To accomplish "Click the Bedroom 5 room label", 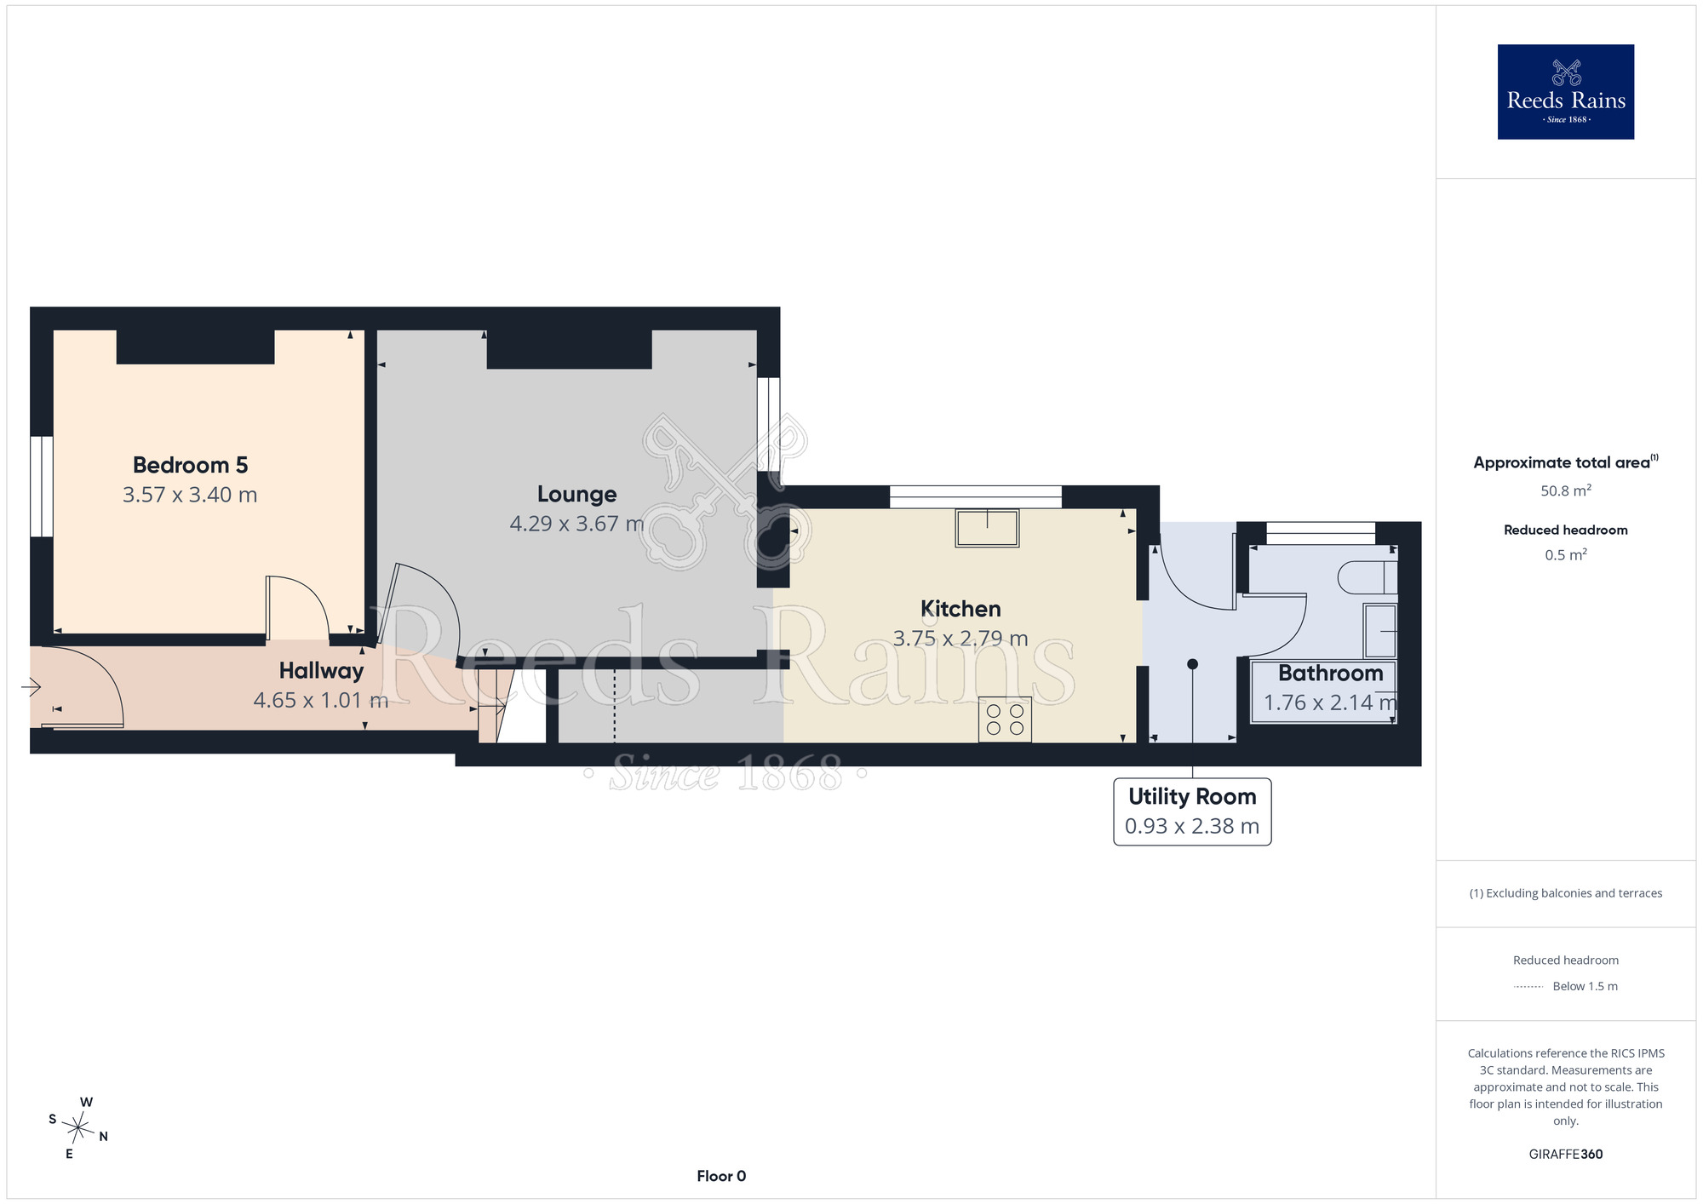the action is click(x=190, y=465).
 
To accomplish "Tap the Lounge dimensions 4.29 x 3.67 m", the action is click(x=576, y=524).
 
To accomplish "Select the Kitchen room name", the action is click(x=960, y=609).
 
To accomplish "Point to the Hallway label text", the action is click(x=321, y=671).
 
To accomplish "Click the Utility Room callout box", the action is click(x=1192, y=811).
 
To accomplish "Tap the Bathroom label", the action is click(x=1330, y=674).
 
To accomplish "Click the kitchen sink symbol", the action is click(x=987, y=528).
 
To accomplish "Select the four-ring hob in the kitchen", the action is click(x=1005, y=720).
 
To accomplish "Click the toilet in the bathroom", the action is click(x=1368, y=577).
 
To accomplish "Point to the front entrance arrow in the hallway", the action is click(x=31, y=686).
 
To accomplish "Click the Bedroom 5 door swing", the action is click(x=298, y=607).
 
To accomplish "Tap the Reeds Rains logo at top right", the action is click(x=1566, y=92).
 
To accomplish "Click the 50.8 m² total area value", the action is click(x=1566, y=490).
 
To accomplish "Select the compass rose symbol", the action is click(x=77, y=1129).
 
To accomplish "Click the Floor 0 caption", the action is click(x=721, y=1176).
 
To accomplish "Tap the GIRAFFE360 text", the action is click(x=1566, y=1155).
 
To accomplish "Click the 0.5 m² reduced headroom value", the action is click(x=1566, y=555).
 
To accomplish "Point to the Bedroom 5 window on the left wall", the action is click(x=42, y=487).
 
